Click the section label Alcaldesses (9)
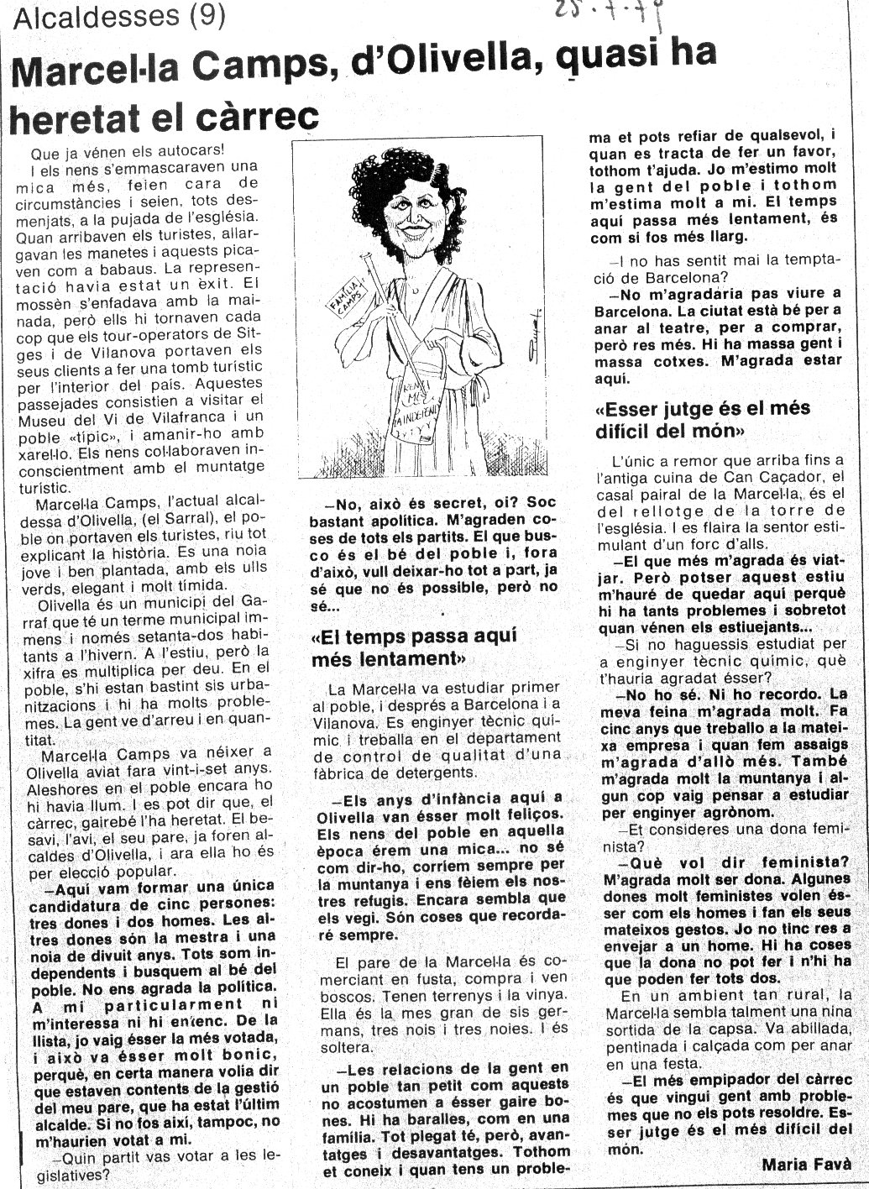(x=120, y=16)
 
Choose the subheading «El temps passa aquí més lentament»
(x=414, y=647)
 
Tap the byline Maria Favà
(x=806, y=1164)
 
